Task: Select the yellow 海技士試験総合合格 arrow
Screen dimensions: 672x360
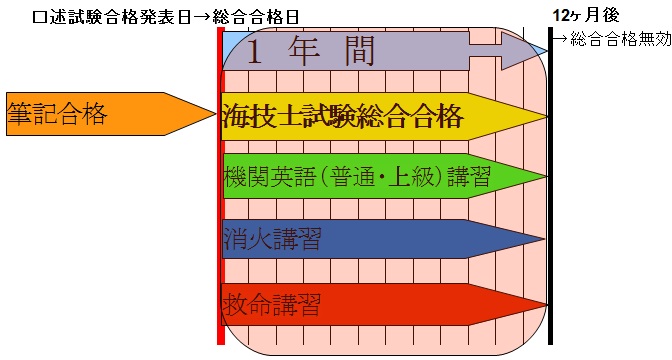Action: pyautogui.click(x=384, y=117)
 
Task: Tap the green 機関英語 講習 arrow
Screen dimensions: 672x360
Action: pyautogui.click(x=384, y=176)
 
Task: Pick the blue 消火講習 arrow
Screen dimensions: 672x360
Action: pyautogui.click(x=384, y=239)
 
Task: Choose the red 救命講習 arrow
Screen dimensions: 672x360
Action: pyautogui.click(x=384, y=305)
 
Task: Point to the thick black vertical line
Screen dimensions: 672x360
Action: pyautogui.click(x=551, y=186)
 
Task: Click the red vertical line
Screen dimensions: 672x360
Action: pyautogui.click(x=221, y=186)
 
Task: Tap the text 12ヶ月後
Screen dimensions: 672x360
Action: pyautogui.click(x=585, y=16)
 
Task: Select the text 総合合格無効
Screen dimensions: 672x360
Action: pyautogui.click(x=621, y=39)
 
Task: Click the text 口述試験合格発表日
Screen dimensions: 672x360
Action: pyautogui.click(x=111, y=18)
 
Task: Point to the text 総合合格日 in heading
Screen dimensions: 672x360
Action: pyautogui.click(x=255, y=18)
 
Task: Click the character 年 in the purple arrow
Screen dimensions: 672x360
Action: pyautogui.click(x=304, y=50)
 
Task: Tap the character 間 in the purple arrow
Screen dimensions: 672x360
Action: pyautogui.click(x=360, y=50)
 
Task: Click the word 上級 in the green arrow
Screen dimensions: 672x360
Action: pyautogui.click(x=411, y=177)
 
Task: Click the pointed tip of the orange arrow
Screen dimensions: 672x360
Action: pyautogui.click(x=216, y=114)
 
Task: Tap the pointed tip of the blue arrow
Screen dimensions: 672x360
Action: pyautogui.click(x=544, y=239)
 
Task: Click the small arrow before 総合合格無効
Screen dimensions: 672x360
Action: pyautogui.click(x=561, y=39)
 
